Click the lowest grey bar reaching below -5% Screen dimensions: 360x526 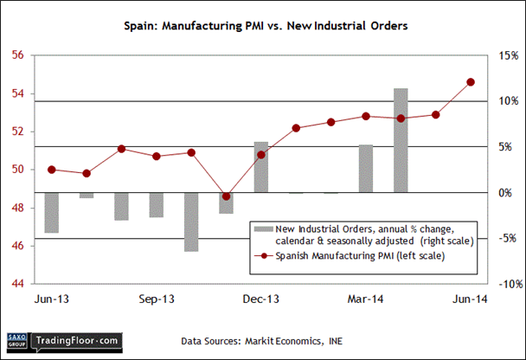pos(190,222)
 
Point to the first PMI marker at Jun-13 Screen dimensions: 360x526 pos(52,170)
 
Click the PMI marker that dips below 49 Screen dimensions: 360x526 pos(226,196)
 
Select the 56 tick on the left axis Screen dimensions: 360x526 pos(16,56)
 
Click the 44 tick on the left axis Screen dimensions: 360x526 pos(16,283)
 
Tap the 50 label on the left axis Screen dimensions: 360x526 pos(16,170)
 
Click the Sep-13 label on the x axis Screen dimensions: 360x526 pos(157,299)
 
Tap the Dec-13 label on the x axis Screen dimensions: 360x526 pos(261,299)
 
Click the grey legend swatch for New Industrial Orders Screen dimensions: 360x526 pos(262,228)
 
